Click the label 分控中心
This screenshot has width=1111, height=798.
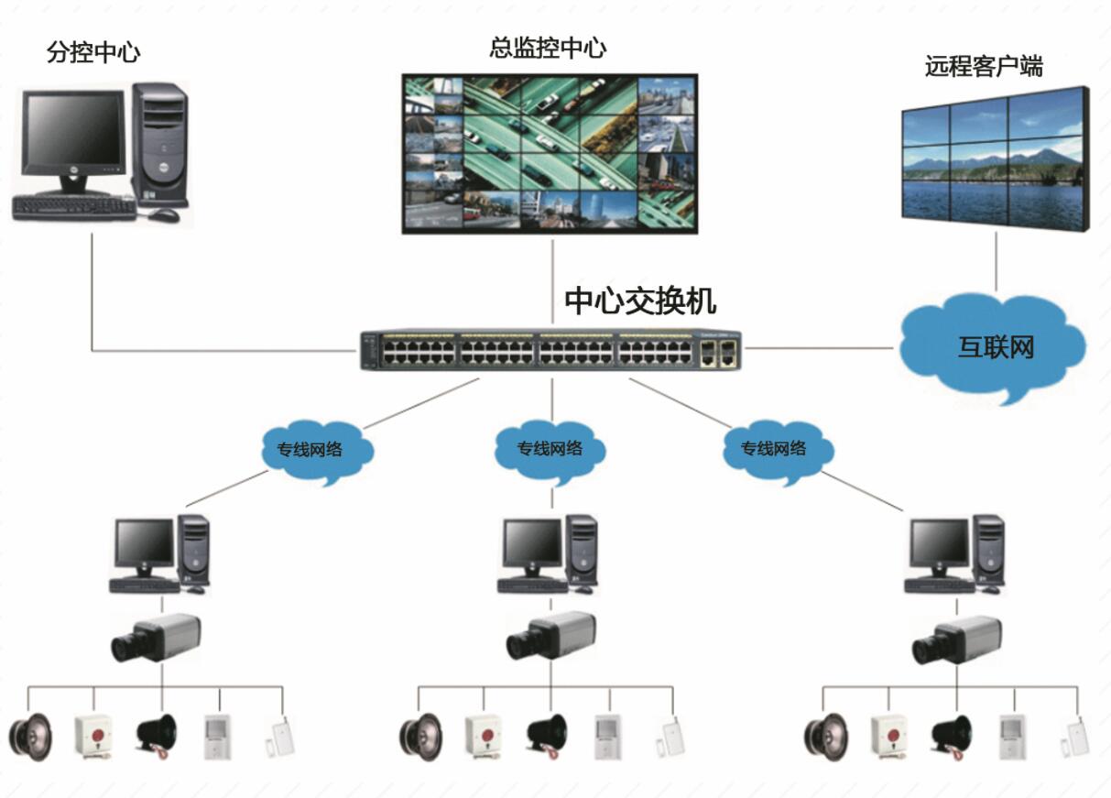pos(93,51)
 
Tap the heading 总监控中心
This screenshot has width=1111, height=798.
pos(548,47)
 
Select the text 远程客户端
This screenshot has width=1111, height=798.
pos(984,66)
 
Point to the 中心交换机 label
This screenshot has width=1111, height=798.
pos(640,301)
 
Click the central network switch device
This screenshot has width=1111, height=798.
pos(550,350)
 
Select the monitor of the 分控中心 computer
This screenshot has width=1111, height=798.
pos(72,137)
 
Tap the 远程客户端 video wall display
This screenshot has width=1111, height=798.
pos(995,160)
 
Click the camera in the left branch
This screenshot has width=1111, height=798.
pos(157,638)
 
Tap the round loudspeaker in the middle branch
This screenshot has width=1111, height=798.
pos(419,736)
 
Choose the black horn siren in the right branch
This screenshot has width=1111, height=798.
pos(952,736)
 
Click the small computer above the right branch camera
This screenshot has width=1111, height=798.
pos(955,553)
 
